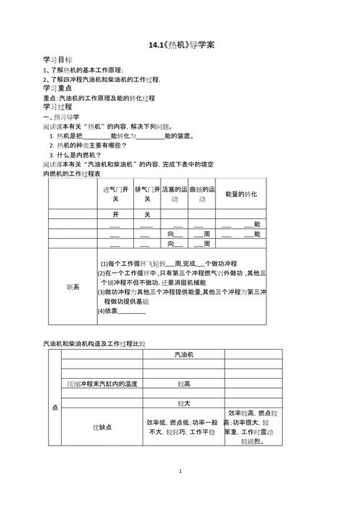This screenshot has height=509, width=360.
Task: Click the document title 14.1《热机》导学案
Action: (x=181, y=45)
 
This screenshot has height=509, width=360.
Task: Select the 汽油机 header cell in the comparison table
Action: (x=183, y=355)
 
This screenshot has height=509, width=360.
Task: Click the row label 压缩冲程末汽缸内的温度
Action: (x=102, y=384)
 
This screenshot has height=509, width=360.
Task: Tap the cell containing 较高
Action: (x=183, y=384)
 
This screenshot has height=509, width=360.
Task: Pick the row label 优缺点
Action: (x=101, y=427)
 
